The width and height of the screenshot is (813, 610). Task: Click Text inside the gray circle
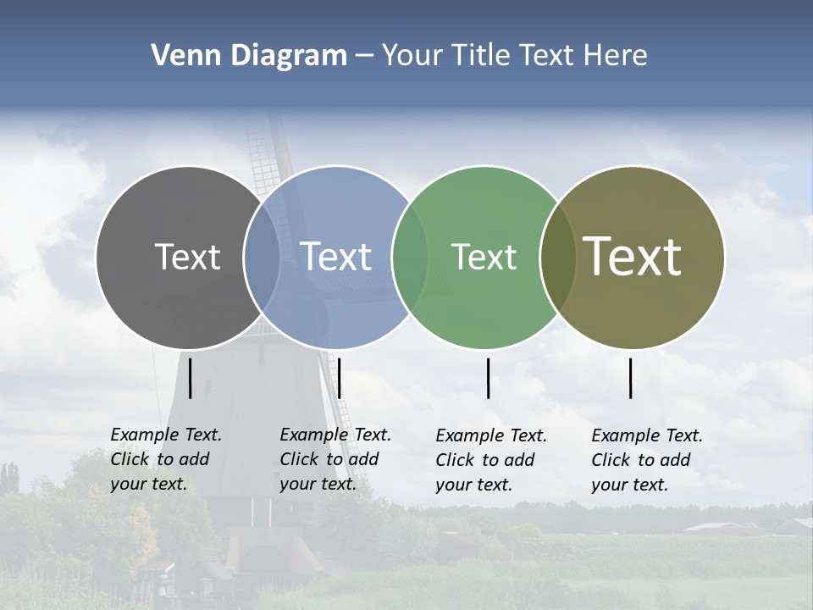pyautogui.click(x=187, y=257)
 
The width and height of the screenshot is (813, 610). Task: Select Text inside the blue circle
pyautogui.click(x=336, y=257)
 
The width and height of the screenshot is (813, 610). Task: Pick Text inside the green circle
pyautogui.click(x=484, y=257)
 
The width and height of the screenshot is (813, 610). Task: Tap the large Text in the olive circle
pyautogui.click(x=633, y=257)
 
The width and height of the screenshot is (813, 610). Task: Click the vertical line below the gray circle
pyautogui.click(x=191, y=378)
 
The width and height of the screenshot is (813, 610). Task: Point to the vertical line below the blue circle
pyautogui.click(x=339, y=378)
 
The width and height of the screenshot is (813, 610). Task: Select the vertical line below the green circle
pyautogui.click(x=489, y=378)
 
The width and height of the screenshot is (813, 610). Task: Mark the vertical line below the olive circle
pyautogui.click(x=631, y=378)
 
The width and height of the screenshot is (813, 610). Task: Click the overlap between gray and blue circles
pyautogui.click(x=262, y=258)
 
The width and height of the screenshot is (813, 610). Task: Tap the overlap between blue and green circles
pyautogui.click(x=410, y=258)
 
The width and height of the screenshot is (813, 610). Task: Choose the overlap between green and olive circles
pyautogui.click(x=557, y=258)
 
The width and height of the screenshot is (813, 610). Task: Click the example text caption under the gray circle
pyautogui.click(x=165, y=459)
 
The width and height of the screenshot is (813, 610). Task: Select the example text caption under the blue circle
pyautogui.click(x=335, y=459)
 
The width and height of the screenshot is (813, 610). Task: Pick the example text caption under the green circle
pyautogui.click(x=490, y=460)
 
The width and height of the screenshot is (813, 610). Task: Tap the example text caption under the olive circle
pyautogui.click(x=646, y=460)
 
